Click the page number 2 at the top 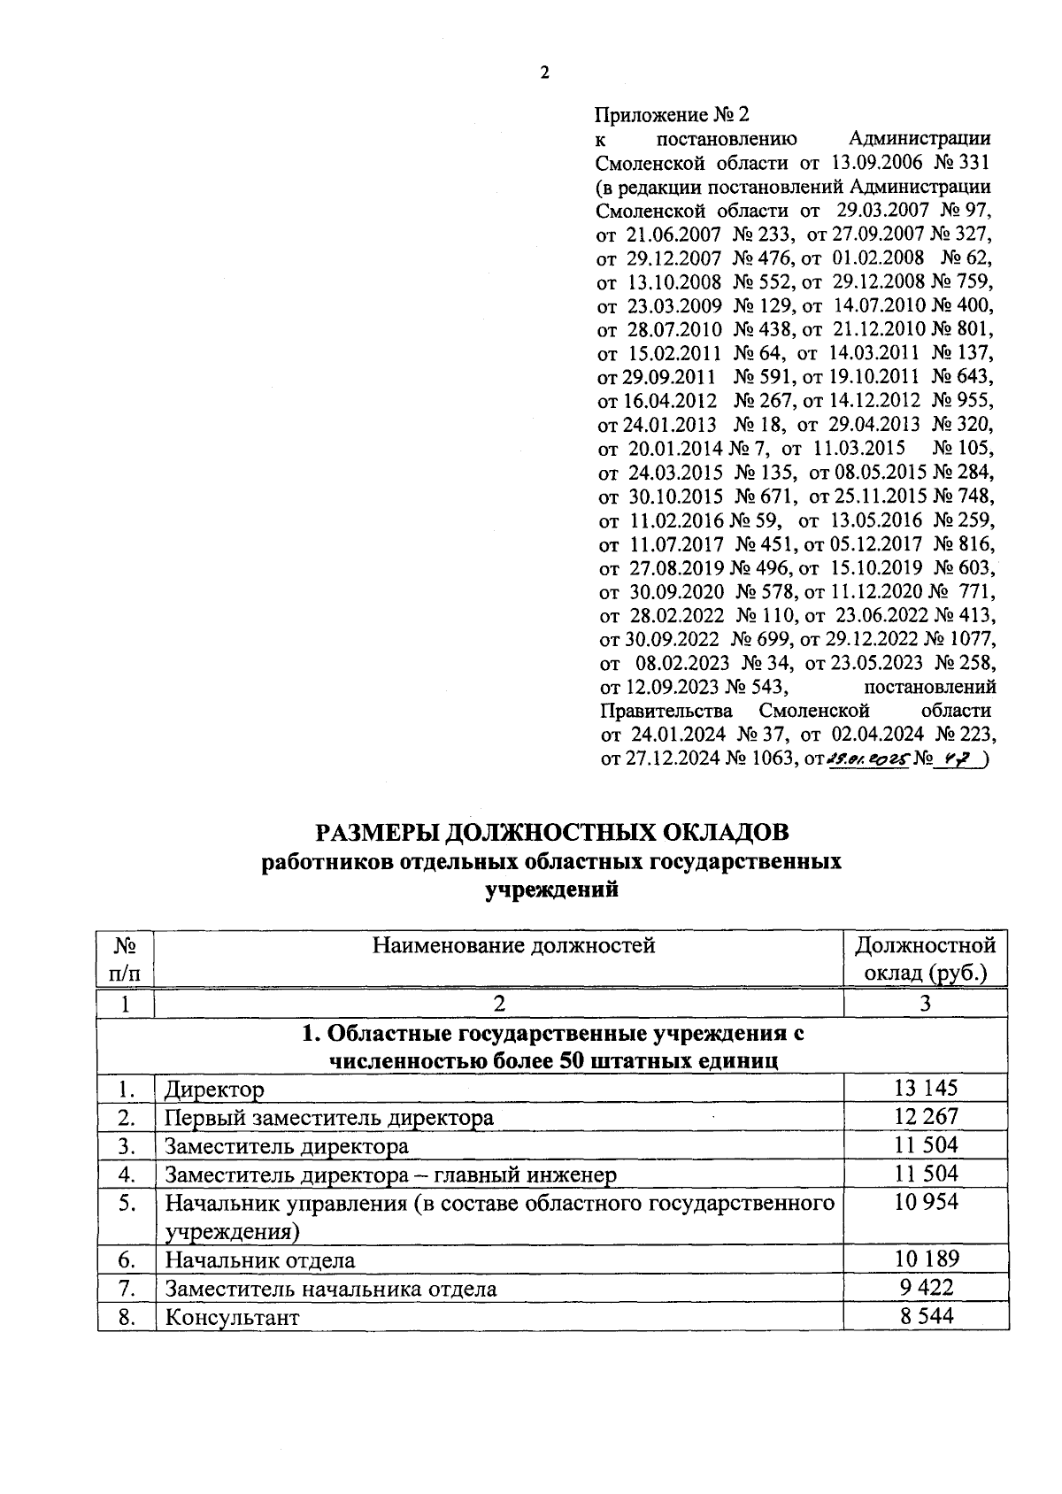[x=544, y=73]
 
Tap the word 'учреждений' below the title [x=551, y=890]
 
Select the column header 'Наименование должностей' [x=513, y=946]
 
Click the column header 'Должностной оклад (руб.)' [x=925, y=959]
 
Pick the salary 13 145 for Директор [x=926, y=1089]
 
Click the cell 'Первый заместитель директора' [x=328, y=1118]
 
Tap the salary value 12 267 [x=926, y=1117]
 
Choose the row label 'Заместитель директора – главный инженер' [x=390, y=1174]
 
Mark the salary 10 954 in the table [x=926, y=1202]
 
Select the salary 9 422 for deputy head [x=926, y=1288]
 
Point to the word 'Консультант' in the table [x=232, y=1317]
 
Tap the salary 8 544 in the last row [x=926, y=1316]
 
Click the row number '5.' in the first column [x=127, y=1203]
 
